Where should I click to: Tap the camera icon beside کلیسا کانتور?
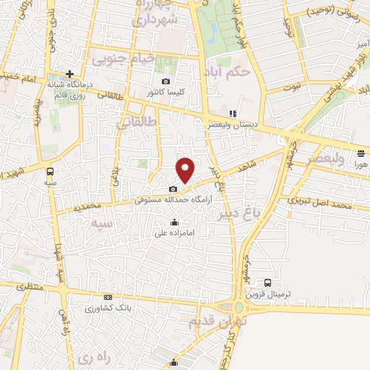pyautogui.click(x=166, y=81)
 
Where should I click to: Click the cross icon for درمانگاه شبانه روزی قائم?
pyautogui.click(x=69, y=74)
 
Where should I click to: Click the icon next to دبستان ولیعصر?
pyautogui.click(x=232, y=113)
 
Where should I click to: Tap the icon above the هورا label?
pyautogui.click(x=360, y=152)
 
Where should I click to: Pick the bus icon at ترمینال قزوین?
pyautogui.click(x=268, y=283)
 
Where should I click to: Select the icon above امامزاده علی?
pyautogui.click(x=173, y=222)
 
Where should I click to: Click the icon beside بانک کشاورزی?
pyautogui.click(x=108, y=297)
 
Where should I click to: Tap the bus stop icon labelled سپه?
pyautogui.click(x=50, y=171)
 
